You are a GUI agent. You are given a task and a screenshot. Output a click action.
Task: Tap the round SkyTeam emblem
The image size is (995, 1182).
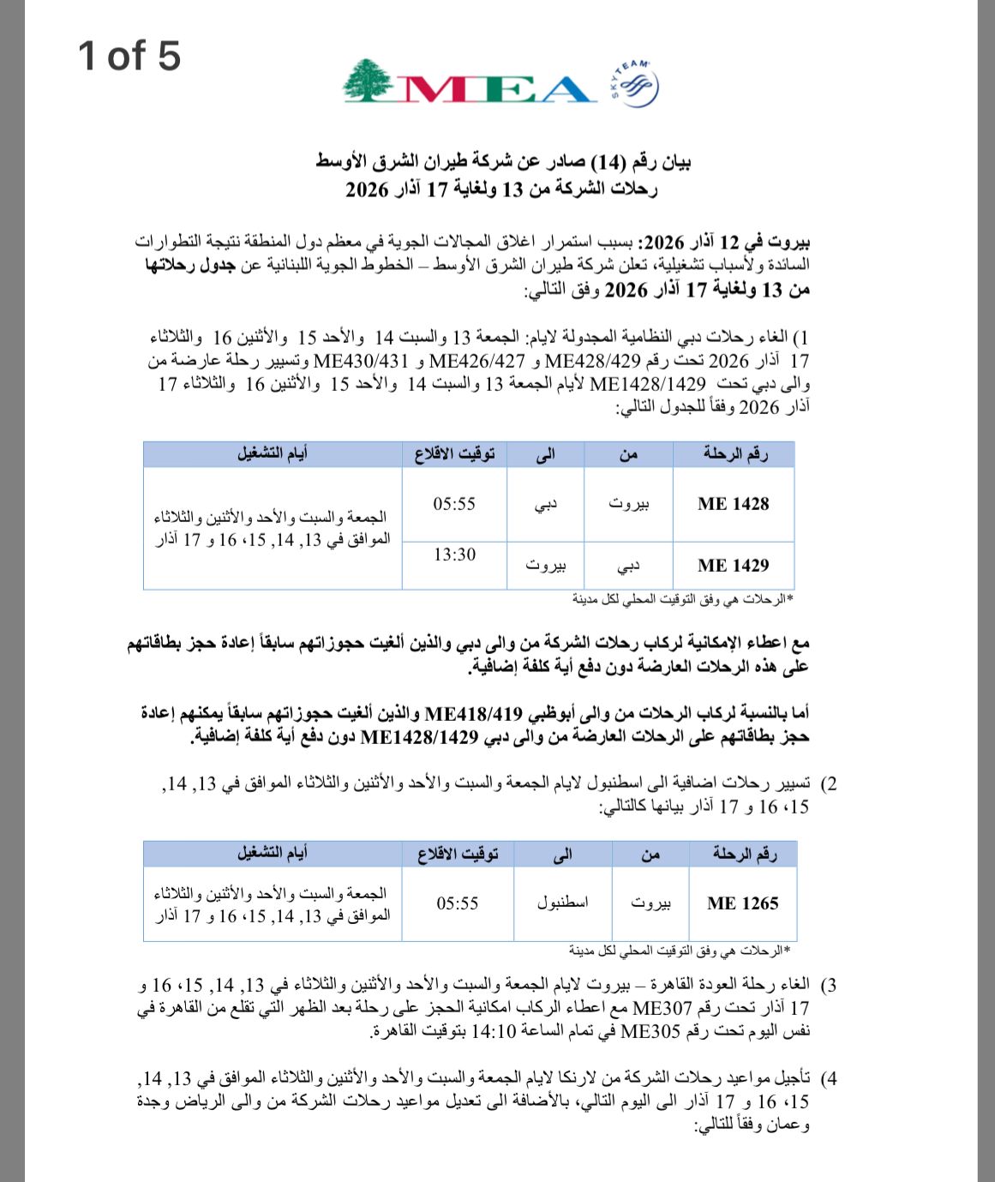point(636,84)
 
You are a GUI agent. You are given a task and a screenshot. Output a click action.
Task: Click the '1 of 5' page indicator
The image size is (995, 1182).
point(129,56)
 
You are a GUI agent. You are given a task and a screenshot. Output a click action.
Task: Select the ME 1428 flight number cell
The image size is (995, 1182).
point(733,504)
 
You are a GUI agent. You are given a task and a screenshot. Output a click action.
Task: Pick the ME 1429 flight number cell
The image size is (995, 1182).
point(733,565)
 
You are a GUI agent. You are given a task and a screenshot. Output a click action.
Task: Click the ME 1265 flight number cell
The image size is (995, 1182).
point(742,903)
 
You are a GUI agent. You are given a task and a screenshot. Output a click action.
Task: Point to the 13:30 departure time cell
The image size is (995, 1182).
point(454,555)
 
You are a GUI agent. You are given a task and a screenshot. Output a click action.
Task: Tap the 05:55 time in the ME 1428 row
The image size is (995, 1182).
point(454,504)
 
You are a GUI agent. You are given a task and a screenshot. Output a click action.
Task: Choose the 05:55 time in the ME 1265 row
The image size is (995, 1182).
point(457,903)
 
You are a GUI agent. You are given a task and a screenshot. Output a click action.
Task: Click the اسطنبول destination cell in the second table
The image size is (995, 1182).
point(562,903)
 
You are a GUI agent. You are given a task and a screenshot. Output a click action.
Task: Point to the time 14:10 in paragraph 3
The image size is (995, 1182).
point(492,1031)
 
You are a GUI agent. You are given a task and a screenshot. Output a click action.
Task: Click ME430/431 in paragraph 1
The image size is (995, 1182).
point(361,362)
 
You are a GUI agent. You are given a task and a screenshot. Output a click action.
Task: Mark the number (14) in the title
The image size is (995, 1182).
point(608,162)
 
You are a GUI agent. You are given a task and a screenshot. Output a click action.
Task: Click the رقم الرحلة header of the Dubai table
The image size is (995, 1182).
point(734,453)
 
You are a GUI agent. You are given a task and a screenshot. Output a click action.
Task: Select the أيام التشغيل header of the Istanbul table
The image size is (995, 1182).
point(273,853)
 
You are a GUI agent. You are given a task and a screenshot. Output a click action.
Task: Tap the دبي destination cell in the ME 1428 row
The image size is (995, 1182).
point(545,504)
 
